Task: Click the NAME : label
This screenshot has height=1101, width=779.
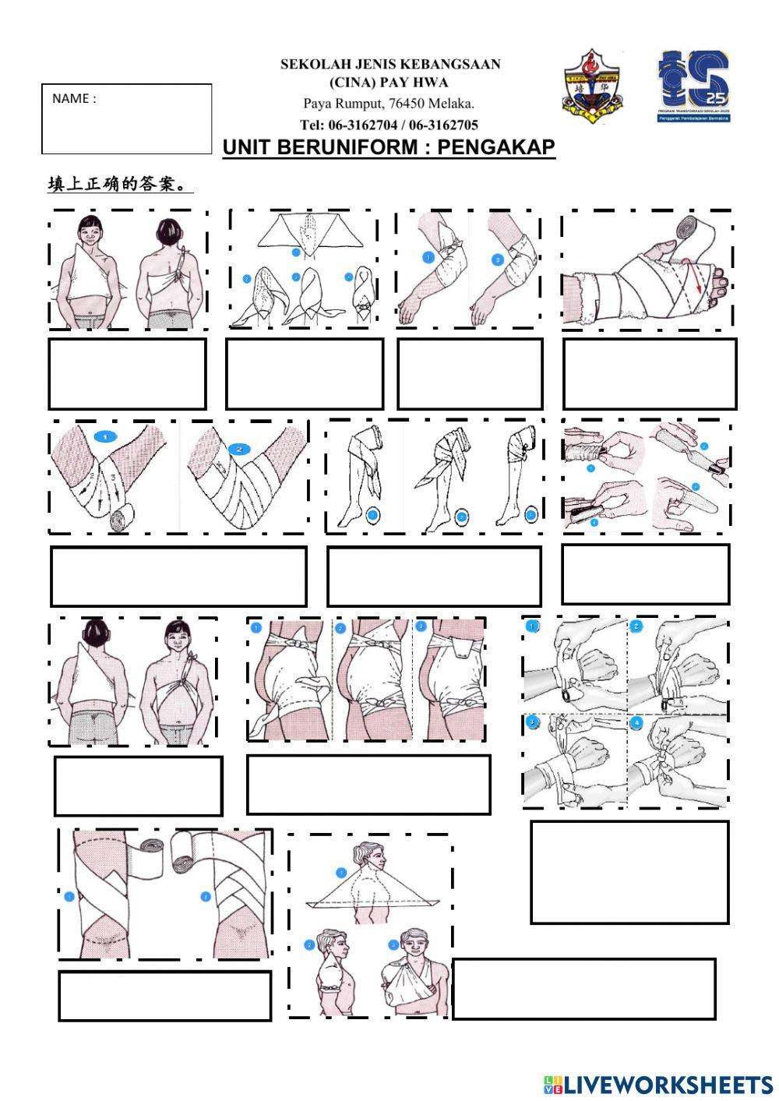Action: click(x=74, y=99)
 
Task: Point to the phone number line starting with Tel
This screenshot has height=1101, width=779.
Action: click(x=389, y=125)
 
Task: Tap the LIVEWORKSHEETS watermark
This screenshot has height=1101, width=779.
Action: click(x=657, y=1084)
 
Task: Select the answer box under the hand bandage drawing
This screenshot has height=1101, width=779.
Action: click(x=649, y=374)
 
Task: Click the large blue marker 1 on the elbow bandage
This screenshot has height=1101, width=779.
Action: click(x=105, y=437)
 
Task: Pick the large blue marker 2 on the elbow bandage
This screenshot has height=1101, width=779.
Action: click(x=239, y=449)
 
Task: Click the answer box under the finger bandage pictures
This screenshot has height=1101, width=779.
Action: click(x=645, y=574)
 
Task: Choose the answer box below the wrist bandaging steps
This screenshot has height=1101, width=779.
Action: click(x=629, y=871)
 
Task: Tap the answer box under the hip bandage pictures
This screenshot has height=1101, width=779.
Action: click(x=368, y=785)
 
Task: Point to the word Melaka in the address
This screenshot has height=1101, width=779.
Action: click(x=452, y=104)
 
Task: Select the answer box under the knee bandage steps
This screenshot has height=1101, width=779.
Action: click(x=434, y=577)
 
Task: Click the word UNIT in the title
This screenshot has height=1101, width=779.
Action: click(x=248, y=147)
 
